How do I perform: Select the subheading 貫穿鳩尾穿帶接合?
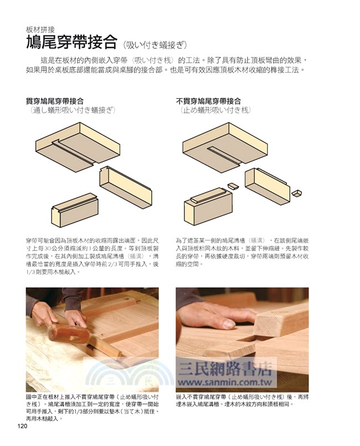point(55,101)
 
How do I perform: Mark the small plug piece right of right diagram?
point(297,193)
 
